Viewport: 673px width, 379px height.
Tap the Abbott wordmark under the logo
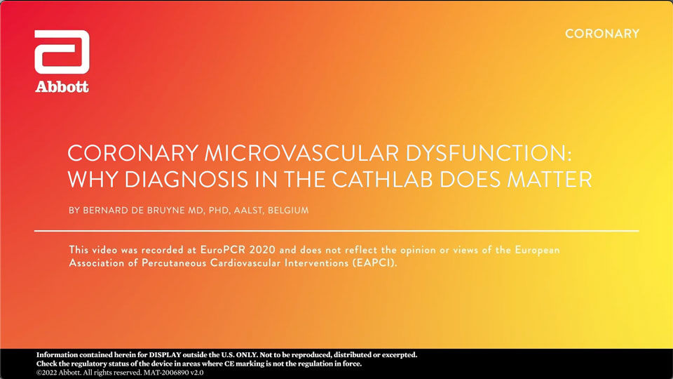[62, 87]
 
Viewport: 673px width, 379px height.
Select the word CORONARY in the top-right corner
[602, 34]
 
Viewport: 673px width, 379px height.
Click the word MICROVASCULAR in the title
[301, 153]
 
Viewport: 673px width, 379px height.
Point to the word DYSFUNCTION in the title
[489, 153]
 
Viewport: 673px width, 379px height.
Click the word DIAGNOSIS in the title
[186, 179]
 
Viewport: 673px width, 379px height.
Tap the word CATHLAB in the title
[383, 179]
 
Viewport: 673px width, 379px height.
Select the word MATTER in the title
[550, 179]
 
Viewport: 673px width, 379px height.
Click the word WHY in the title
[93, 179]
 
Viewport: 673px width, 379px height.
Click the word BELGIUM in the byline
[288, 211]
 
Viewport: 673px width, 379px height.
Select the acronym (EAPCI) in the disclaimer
[375, 262]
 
